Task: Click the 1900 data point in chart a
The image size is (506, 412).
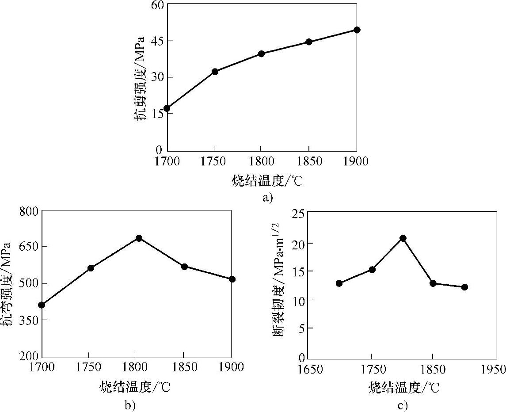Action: tap(357, 30)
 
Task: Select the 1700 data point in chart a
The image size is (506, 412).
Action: tap(167, 108)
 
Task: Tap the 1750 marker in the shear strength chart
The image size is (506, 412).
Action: tap(215, 72)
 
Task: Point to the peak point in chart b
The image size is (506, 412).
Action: tap(139, 238)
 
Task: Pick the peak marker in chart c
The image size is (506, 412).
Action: tap(403, 238)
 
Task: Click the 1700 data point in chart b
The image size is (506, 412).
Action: tap(42, 305)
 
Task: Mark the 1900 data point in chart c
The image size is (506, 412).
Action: tap(464, 287)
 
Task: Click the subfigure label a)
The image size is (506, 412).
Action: tap(268, 197)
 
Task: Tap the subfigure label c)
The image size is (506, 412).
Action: tap(402, 404)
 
